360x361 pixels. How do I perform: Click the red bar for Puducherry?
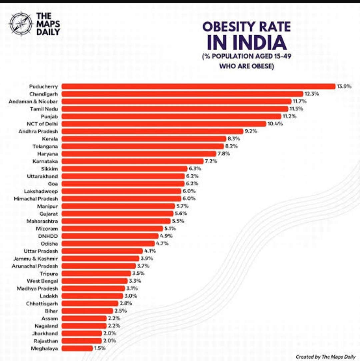tap(198, 86)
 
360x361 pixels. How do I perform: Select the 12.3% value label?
tap(312, 94)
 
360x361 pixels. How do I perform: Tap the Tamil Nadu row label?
tap(44, 109)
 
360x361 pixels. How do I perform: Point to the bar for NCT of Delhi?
tap(164, 124)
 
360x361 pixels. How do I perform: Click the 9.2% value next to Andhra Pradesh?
tap(251, 131)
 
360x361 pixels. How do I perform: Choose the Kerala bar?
tap(144, 139)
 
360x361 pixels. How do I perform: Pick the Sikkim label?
tap(49, 169)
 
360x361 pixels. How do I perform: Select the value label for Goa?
tap(192, 183)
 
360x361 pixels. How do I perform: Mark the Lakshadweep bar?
tap(121, 191)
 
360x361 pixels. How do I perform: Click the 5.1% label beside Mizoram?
tap(170, 228)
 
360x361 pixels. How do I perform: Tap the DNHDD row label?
tap(48, 236)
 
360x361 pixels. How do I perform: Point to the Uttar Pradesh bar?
tap(102, 251)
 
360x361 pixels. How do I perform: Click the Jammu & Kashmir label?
tap(35, 259)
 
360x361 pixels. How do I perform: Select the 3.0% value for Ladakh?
tap(131, 296)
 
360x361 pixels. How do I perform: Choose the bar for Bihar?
tap(87, 311)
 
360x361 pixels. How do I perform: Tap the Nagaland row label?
tap(46, 326)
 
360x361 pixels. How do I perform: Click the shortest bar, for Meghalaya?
tap(77, 348)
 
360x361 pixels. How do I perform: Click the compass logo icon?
tap(21, 24)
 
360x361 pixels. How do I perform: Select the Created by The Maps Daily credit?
tap(325, 357)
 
